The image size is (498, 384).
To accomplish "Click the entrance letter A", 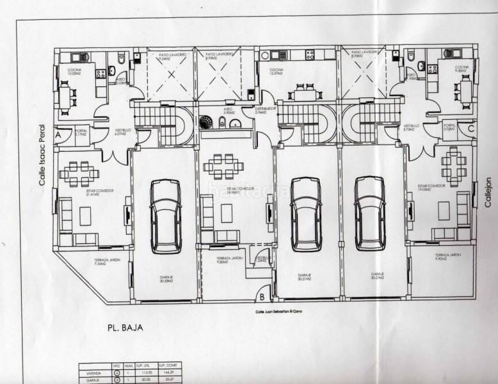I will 58,136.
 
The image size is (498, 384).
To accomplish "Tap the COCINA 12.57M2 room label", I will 277,71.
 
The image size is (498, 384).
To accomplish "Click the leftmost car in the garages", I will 166,215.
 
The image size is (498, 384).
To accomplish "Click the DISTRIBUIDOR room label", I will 264,111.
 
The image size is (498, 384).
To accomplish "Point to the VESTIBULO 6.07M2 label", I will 122,131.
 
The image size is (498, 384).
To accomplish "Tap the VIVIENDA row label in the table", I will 87,372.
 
